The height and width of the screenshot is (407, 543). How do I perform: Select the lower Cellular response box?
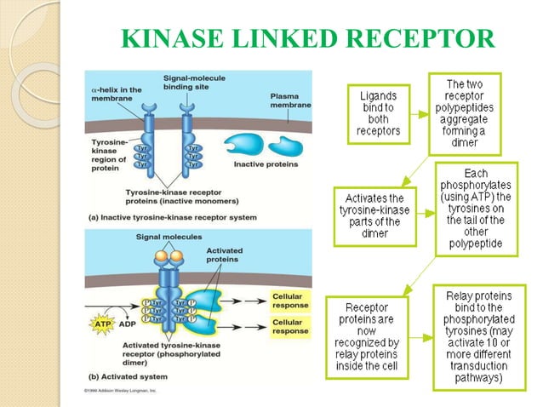coord(290,325)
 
